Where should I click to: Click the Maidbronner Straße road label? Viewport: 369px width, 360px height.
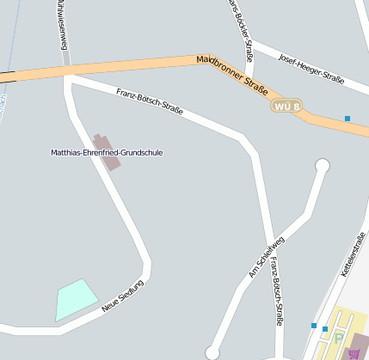(233, 75)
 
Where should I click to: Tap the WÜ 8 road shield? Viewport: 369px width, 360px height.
(286, 107)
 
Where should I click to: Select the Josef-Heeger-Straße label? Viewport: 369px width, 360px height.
(311, 68)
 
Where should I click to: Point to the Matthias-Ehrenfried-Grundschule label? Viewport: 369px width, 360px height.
(107, 153)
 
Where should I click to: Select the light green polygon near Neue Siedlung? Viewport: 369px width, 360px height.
(76, 298)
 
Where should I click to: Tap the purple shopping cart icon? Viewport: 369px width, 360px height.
(353, 352)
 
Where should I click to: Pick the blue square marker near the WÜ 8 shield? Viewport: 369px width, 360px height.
(347, 118)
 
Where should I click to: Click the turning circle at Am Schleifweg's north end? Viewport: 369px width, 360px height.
(323, 166)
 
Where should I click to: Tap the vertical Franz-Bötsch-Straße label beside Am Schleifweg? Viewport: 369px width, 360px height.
(274, 292)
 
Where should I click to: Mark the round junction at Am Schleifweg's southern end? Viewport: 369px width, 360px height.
(212, 353)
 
